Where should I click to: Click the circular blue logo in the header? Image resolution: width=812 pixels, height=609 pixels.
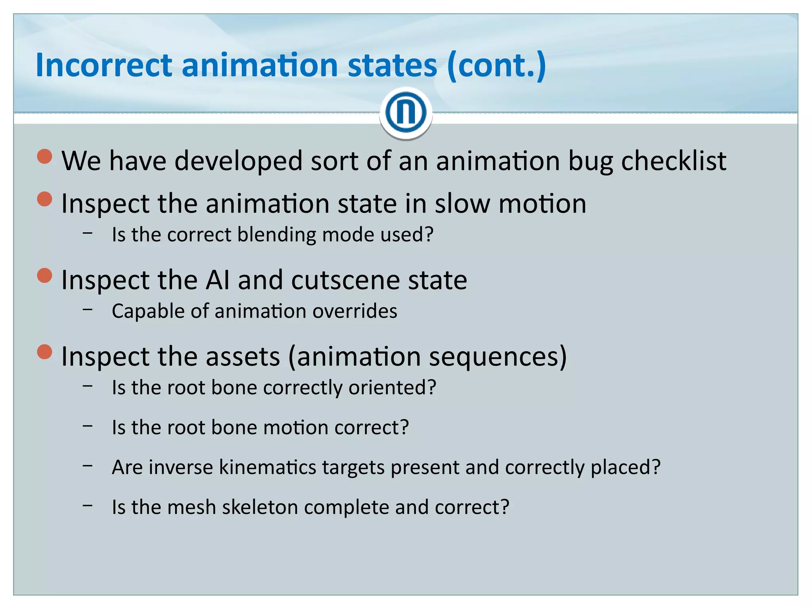(406, 113)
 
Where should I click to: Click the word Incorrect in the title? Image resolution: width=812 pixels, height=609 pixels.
(104, 65)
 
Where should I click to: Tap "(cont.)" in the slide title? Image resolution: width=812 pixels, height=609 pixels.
(496, 66)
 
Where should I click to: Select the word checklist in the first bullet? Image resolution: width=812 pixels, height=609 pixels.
(674, 161)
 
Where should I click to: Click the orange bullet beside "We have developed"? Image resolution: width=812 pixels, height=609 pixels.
(45, 156)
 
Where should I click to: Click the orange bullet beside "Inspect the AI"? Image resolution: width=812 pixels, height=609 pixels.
(45, 276)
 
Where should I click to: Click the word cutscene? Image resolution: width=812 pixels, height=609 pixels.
(345, 280)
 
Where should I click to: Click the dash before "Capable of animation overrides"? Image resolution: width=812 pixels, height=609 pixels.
(88, 310)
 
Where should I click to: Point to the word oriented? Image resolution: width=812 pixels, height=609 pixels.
(392, 387)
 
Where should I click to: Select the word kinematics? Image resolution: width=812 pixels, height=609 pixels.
(268, 467)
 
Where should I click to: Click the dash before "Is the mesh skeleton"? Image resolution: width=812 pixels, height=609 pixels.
(88, 506)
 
